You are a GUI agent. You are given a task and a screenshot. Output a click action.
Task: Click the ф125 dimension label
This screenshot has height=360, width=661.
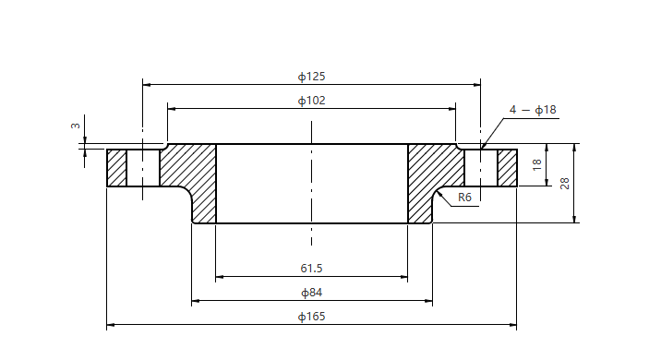tap(311, 77)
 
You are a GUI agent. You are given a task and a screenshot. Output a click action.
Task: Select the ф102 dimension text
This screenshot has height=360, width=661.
tap(311, 101)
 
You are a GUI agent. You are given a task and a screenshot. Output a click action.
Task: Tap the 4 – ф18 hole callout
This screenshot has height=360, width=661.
tap(533, 110)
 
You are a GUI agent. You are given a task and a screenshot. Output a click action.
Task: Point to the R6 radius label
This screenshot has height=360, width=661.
tap(464, 198)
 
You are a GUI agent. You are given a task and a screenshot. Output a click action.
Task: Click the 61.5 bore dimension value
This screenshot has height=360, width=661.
tap(311, 268)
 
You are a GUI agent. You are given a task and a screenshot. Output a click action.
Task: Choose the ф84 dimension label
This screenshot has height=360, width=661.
tap(311, 293)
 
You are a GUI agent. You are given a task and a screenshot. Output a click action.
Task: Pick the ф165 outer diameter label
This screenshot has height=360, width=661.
tap(311, 317)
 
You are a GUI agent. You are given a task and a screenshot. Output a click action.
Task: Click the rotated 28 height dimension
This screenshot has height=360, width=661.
tap(564, 184)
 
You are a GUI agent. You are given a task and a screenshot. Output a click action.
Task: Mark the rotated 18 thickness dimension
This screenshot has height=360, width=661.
tap(536, 165)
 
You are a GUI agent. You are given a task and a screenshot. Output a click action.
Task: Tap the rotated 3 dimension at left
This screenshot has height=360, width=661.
tap(76, 126)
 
